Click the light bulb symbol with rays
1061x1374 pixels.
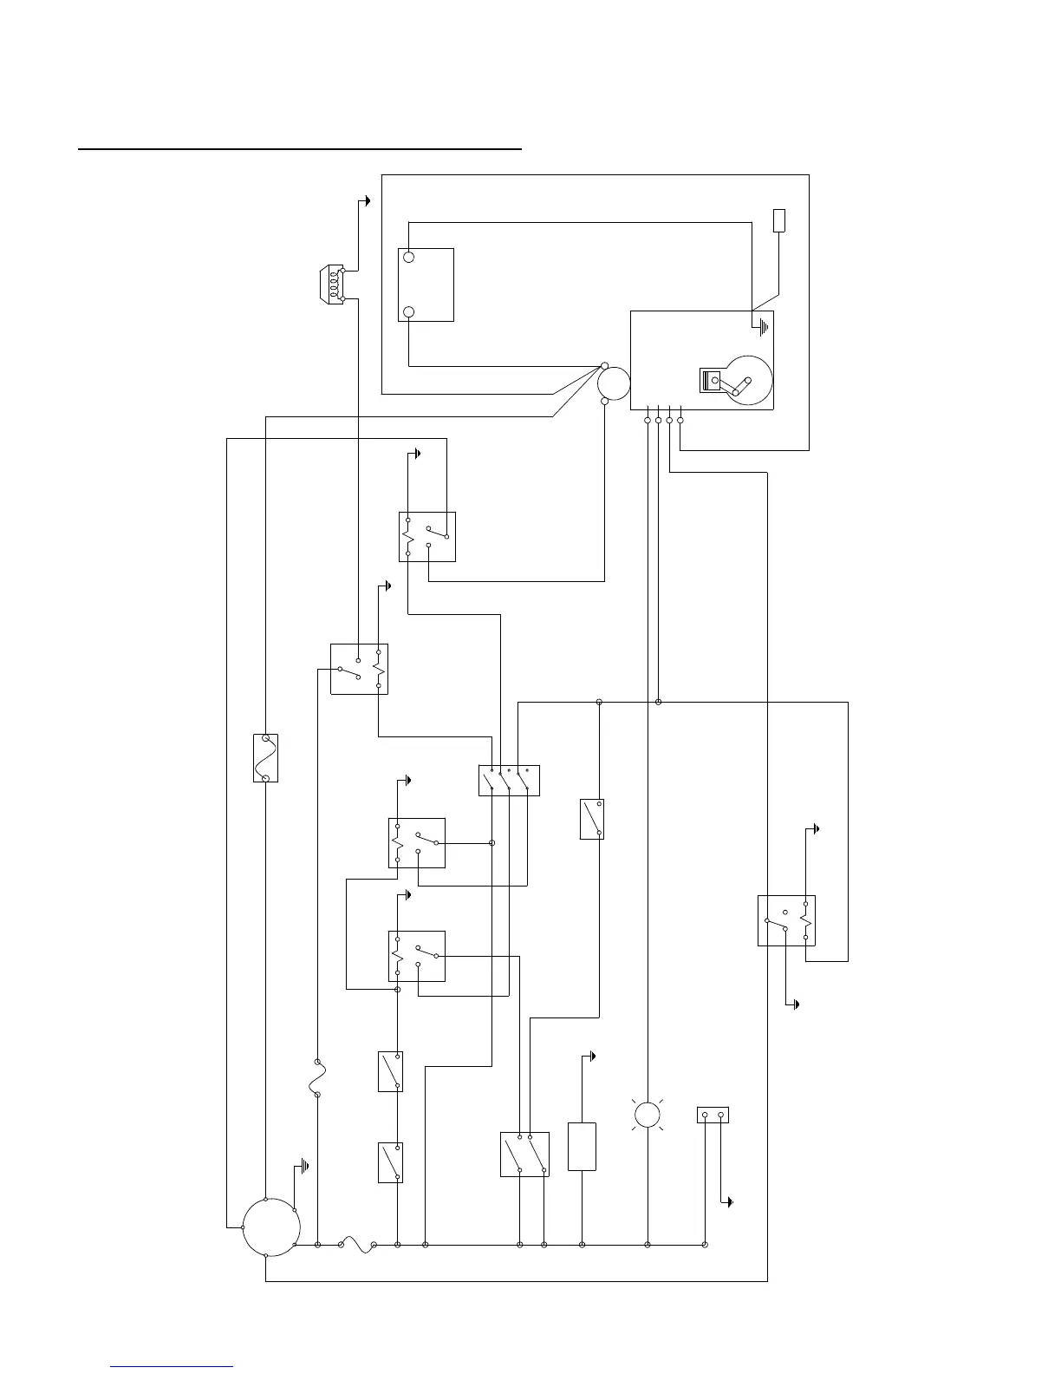tap(648, 1115)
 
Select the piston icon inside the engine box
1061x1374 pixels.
tap(711, 381)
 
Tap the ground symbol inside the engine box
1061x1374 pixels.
tap(762, 328)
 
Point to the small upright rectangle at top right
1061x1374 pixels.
tap(779, 220)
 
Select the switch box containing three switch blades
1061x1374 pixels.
tap(509, 780)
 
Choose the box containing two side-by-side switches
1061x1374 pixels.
tap(524, 1154)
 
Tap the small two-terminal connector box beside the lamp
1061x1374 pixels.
tap(713, 1115)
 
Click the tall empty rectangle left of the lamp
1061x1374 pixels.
tap(582, 1146)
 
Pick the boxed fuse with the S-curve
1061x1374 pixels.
tap(265, 757)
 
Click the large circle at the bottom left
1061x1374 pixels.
tap(271, 1227)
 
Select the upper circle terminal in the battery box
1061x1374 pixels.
tap(409, 258)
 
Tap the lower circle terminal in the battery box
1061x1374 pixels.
tap(409, 312)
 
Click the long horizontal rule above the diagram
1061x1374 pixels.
tap(301, 149)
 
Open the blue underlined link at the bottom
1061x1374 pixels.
tap(172, 1367)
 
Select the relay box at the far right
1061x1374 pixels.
tap(786, 920)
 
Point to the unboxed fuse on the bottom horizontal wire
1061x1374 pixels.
tap(356, 1245)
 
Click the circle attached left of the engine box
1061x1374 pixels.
tap(614, 383)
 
